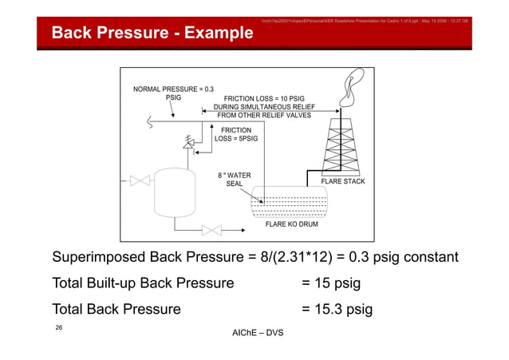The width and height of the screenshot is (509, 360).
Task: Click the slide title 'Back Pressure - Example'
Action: click(x=152, y=33)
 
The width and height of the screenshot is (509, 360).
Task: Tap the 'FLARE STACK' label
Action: click(x=342, y=182)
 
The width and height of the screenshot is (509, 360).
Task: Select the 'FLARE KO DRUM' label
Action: click(x=291, y=224)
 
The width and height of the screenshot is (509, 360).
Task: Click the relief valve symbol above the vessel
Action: click(x=188, y=144)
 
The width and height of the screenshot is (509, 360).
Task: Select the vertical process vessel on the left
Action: click(x=172, y=192)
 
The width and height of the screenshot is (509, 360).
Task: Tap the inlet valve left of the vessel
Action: click(x=140, y=181)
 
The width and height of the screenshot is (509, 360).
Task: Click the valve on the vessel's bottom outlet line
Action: click(x=211, y=230)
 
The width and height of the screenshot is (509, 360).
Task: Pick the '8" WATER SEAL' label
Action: click(x=235, y=180)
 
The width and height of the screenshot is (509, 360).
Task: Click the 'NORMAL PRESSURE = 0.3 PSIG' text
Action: click(x=172, y=93)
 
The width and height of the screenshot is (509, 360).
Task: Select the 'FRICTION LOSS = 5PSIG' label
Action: click(x=235, y=134)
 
